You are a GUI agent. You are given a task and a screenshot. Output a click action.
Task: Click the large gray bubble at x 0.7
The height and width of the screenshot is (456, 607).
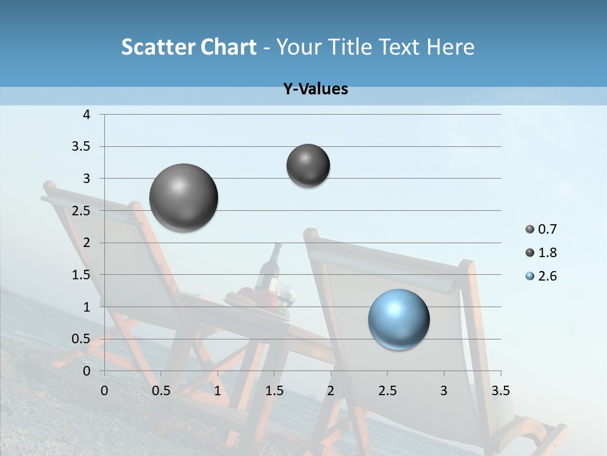click(x=183, y=198)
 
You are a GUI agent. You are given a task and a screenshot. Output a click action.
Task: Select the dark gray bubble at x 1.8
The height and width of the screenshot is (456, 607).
click(x=308, y=165)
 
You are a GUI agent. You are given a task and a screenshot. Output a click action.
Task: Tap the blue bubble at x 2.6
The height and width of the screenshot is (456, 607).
click(x=399, y=319)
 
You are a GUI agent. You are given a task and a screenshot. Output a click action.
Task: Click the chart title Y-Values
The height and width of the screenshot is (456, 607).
click(x=316, y=89)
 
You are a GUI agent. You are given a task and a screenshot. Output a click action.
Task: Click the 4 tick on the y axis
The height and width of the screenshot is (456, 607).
click(x=87, y=115)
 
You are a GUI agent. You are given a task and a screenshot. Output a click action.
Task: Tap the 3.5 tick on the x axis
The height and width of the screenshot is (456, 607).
click(x=500, y=391)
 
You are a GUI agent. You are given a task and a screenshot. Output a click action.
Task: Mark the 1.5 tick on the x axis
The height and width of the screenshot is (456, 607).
click(x=274, y=391)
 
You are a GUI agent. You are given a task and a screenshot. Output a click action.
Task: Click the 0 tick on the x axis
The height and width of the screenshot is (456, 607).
click(x=104, y=391)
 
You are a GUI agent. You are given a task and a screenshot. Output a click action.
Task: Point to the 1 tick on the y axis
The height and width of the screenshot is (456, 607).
click(x=87, y=307)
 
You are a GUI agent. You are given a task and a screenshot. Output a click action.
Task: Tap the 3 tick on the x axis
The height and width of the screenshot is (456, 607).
click(x=444, y=391)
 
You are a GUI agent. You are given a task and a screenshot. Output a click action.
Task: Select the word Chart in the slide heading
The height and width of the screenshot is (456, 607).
click(x=228, y=47)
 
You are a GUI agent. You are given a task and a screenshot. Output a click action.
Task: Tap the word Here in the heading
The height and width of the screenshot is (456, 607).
click(x=450, y=47)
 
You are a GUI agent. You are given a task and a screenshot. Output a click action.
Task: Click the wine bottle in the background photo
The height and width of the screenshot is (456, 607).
click(x=270, y=269)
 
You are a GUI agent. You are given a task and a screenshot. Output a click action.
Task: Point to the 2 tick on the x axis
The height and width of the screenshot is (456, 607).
click(x=331, y=391)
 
